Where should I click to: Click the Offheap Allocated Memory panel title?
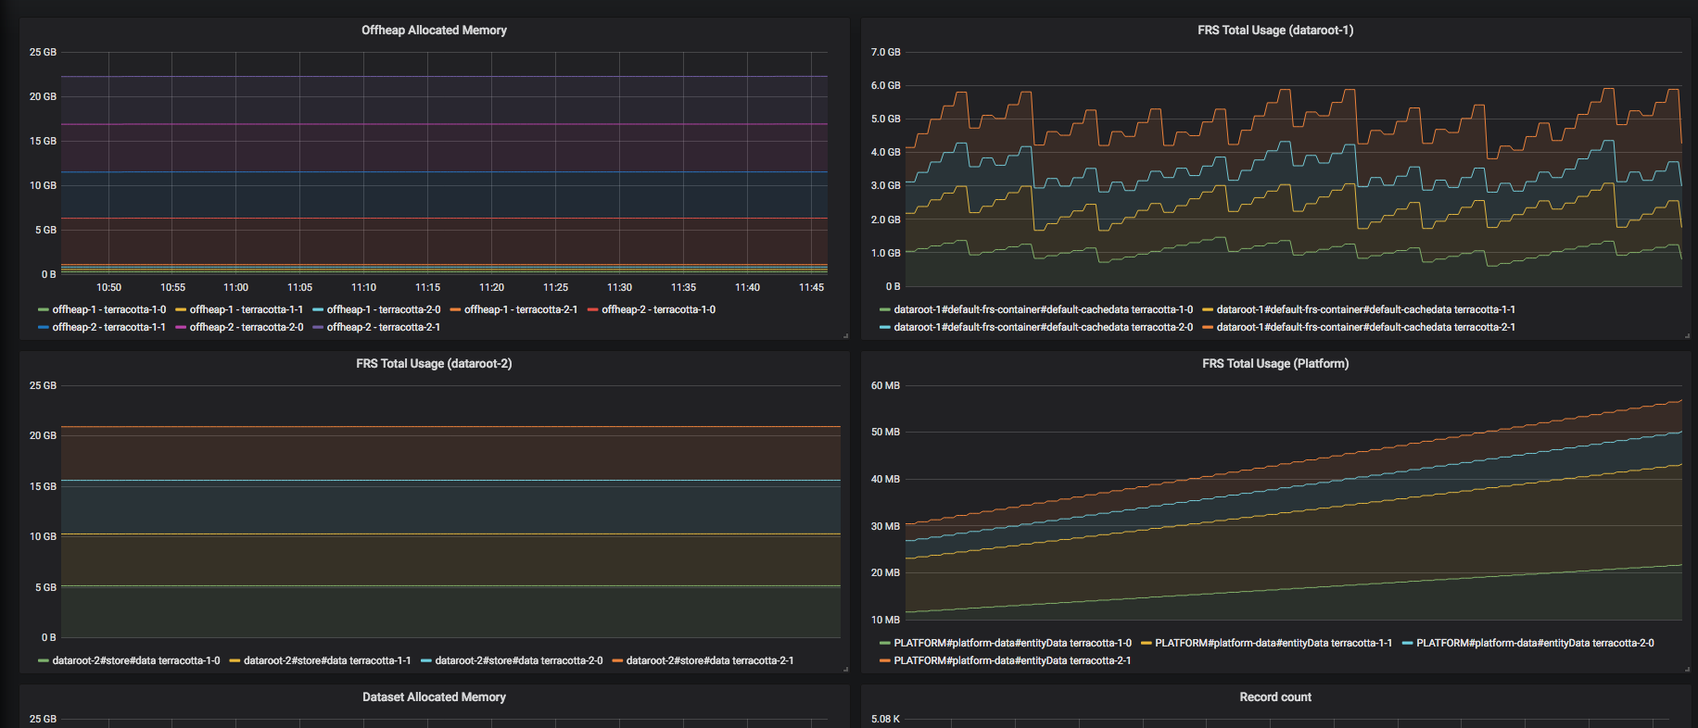[x=434, y=31]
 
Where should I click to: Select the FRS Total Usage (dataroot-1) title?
[x=1275, y=31]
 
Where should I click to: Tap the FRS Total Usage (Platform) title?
[x=1275, y=364]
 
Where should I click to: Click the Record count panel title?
[x=1275, y=697]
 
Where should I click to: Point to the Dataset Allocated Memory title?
[x=434, y=697]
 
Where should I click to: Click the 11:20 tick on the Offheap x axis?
[x=491, y=288]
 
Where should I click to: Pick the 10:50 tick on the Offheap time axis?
[x=108, y=288]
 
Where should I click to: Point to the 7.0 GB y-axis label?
[x=885, y=53]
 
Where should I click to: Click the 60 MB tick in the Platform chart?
[x=885, y=386]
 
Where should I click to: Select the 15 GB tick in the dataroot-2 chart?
[x=43, y=486]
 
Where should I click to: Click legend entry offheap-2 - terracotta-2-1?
[x=376, y=327]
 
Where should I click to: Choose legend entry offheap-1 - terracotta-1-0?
[x=102, y=309]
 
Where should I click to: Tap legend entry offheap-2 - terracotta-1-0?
[x=652, y=309]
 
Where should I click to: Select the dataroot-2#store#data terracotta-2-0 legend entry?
[x=512, y=660]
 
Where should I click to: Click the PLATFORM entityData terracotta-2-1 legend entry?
[x=1006, y=660]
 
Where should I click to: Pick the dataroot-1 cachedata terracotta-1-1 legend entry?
[x=1359, y=309]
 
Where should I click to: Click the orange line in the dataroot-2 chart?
[x=450, y=427]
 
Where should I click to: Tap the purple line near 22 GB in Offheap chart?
[x=444, y=77]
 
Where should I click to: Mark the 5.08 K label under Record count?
[x=885, y=720]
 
